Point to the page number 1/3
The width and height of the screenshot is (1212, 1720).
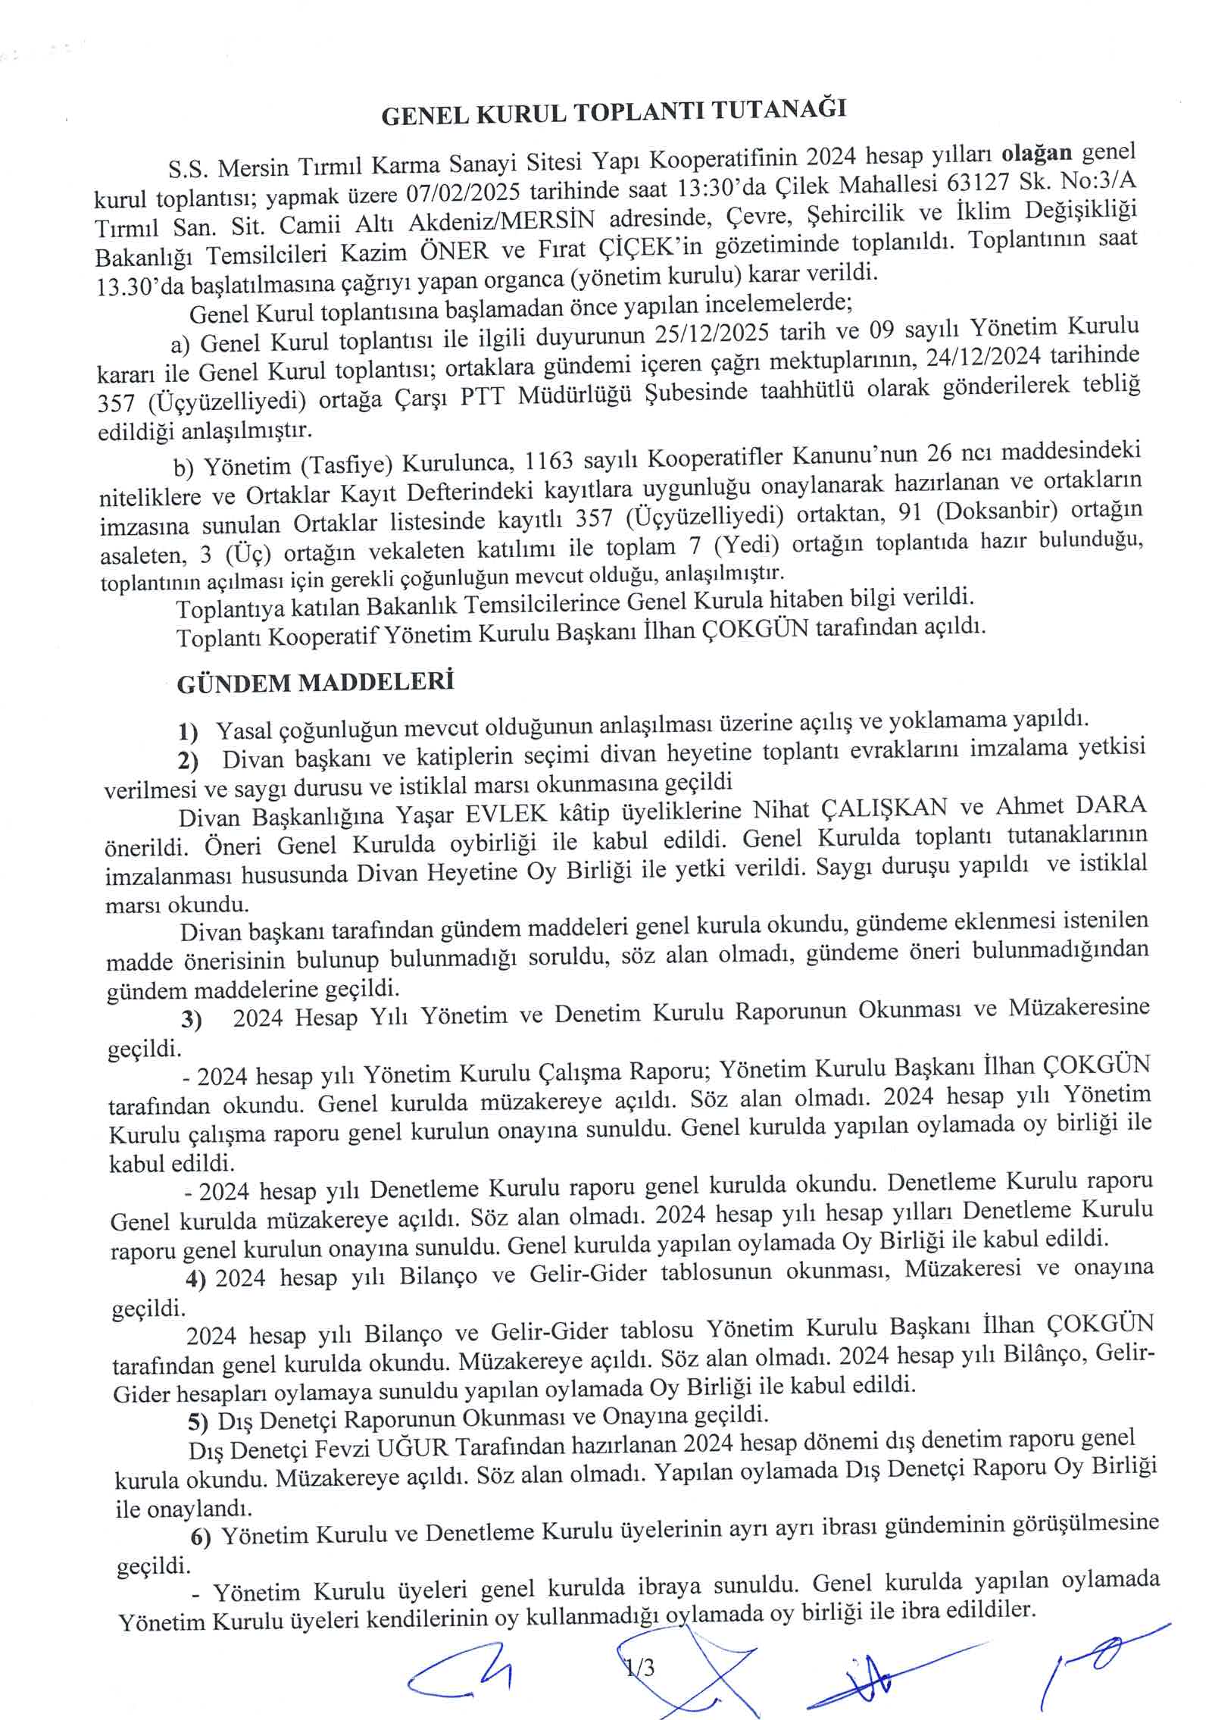[641, 1667]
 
